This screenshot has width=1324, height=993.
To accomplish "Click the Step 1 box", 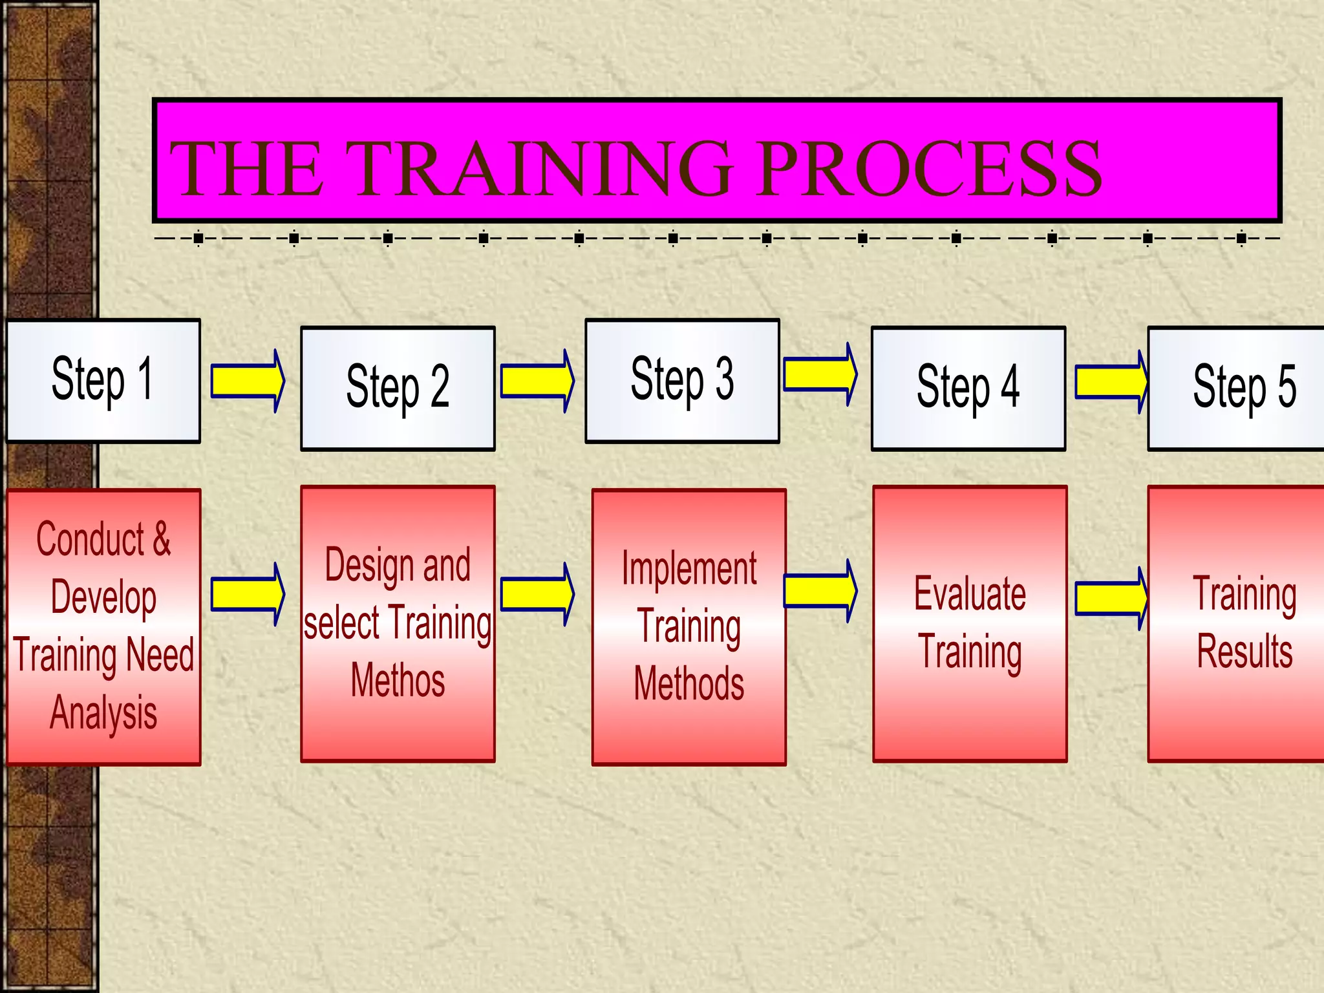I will tap(103, 381).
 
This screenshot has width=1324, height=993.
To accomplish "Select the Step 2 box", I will tap(398, 388).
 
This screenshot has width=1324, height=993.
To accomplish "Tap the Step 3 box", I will tap(682, 381).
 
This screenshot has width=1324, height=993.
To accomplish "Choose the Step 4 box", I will tap(968, 388).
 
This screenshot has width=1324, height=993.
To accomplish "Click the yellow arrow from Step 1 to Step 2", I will tap(248, 381).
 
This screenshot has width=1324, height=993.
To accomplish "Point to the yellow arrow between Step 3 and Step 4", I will tap(820, 374).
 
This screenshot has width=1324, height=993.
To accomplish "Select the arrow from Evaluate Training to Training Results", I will tap(1111, 598).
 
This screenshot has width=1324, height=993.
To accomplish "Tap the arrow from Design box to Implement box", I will tap(537, 593).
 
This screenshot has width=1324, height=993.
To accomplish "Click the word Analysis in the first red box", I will tap(103, 713).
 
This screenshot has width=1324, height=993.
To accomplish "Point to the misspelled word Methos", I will tap(398, 680).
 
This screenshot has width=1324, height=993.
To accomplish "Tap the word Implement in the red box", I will tap(689, 568).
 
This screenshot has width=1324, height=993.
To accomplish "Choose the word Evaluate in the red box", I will tap(970, 593).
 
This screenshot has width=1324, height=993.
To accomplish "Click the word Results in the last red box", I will tap(1244, 651).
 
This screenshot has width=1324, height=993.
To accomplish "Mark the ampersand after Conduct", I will tap(162, 539).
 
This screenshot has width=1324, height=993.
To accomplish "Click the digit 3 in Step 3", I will tap(724, 379).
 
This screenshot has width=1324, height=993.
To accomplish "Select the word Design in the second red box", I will tap(369, 564).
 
